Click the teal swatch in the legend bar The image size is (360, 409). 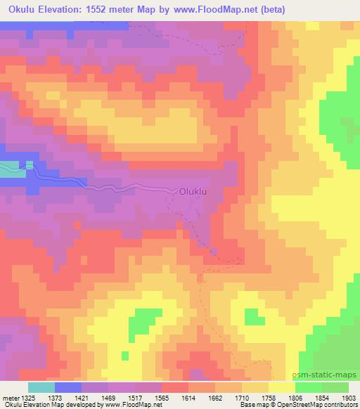click(41, 387)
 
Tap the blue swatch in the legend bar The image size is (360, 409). click(67, 387)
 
